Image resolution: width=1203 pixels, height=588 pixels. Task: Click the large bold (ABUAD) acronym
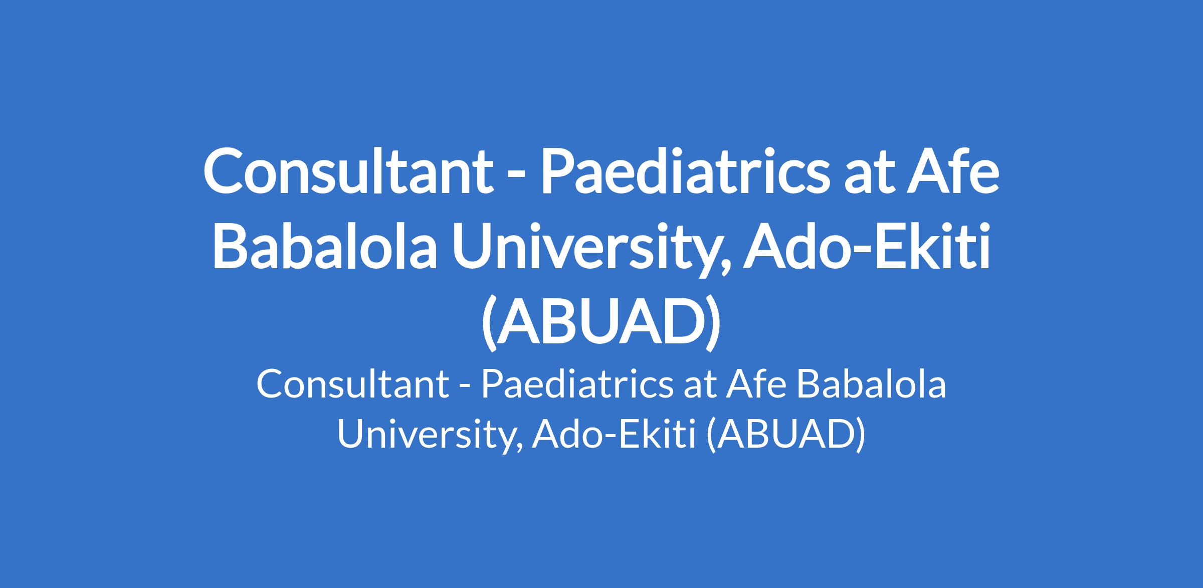[601, 322]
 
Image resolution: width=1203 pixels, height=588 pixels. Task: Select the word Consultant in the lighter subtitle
[352, 385]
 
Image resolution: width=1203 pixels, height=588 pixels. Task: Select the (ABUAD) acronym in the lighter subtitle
[784, 434]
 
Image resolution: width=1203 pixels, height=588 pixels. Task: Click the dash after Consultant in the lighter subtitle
[465, 389]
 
